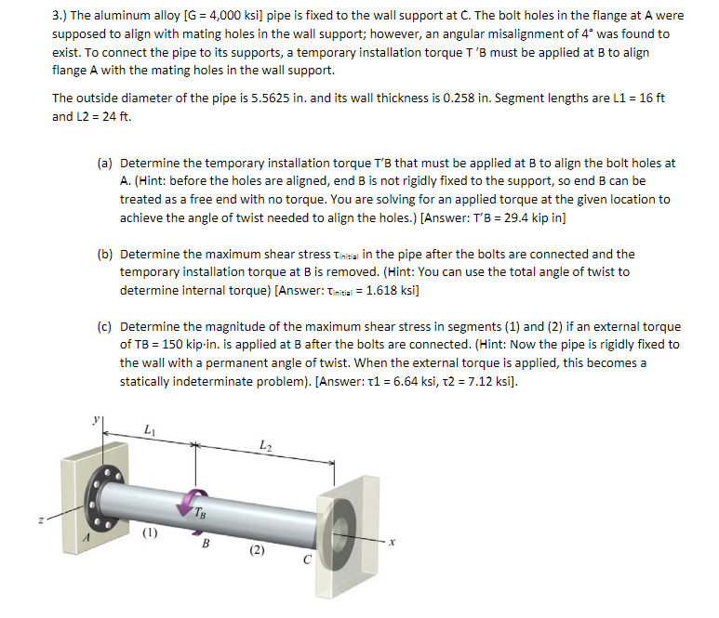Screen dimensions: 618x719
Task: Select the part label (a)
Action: (106, 163)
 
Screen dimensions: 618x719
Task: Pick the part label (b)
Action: (106, 254)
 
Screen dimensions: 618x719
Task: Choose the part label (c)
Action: (106, 326)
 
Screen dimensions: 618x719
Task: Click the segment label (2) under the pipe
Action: (256, 550)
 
